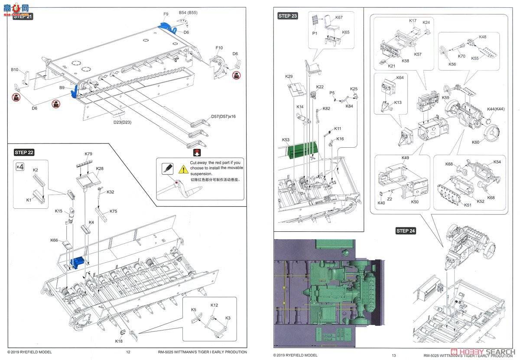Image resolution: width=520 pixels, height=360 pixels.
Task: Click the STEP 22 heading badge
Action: pos(24,152)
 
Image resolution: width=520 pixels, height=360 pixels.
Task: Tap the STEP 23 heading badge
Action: pos(288,16)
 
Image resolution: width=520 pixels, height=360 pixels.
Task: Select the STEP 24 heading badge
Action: pos(406,231)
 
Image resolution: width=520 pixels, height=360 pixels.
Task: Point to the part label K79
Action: pos(88,154)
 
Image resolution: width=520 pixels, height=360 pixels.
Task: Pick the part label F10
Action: pos(219,48)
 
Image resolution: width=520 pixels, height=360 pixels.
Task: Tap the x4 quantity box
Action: pos(20,166)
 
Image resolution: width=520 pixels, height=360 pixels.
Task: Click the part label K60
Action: pos(475,142)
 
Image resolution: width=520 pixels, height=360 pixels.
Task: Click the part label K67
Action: pos(339,17)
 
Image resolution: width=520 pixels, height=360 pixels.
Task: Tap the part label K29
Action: pos(289,77)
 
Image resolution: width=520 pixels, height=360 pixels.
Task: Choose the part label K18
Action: pos(119,341)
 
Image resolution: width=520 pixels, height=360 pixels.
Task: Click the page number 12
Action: pos(128,352)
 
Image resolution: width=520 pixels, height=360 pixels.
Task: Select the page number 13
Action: pos(393,355)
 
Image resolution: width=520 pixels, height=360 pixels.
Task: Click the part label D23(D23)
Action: pos(122,122)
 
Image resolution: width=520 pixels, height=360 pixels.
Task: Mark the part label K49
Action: pos(405,158)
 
